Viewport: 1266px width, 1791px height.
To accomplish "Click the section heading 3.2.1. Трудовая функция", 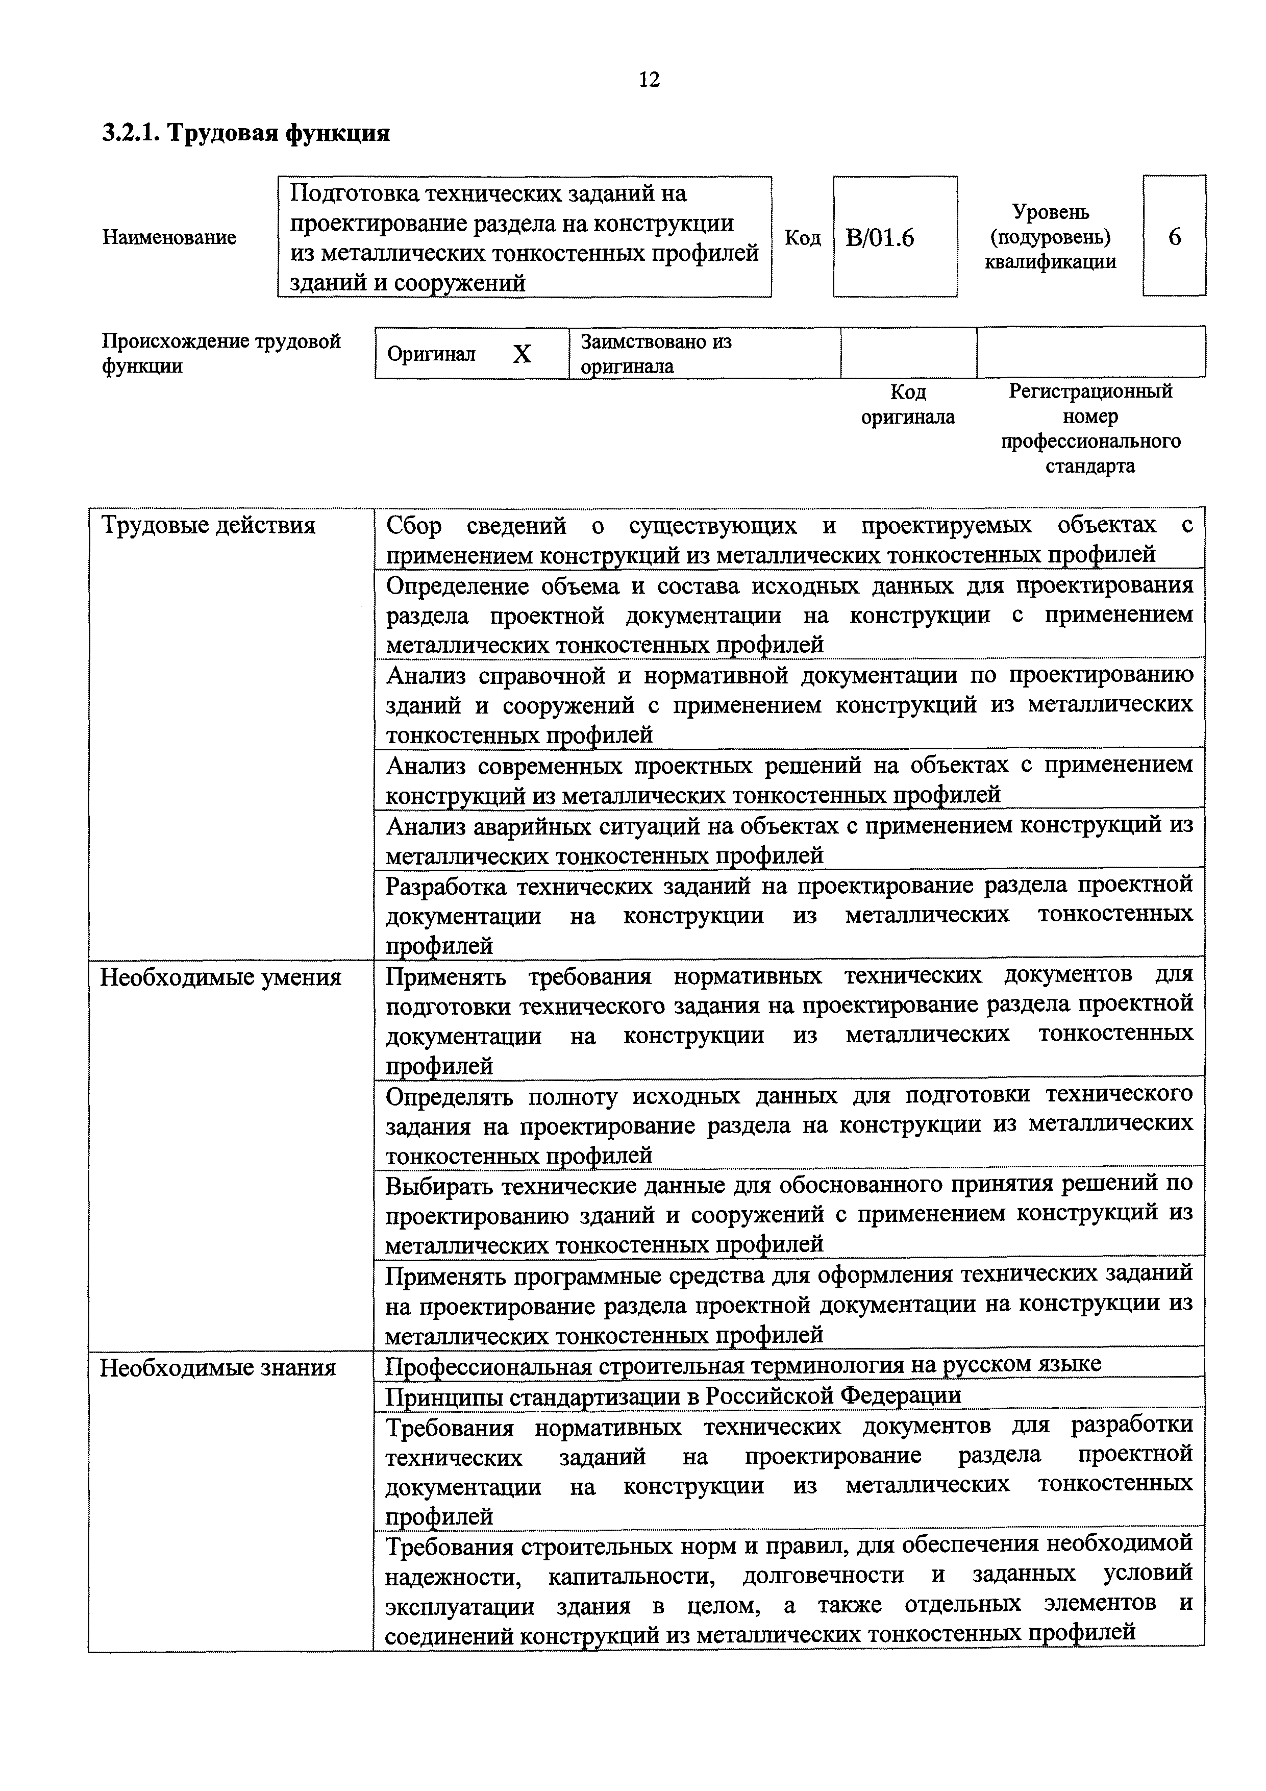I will [246, 133].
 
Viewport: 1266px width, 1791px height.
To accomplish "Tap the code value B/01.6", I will [879, 238].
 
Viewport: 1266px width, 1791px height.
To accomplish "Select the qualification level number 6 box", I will [1174, 236].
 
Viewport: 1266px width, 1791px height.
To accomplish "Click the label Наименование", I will [169, 237].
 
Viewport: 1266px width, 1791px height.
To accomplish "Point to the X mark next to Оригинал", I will [522, 355].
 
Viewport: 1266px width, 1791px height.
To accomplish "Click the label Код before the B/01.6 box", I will [802, 238].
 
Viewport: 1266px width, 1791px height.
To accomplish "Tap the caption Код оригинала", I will [907, 404].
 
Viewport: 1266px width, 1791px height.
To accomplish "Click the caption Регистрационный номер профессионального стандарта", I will [1090, 428].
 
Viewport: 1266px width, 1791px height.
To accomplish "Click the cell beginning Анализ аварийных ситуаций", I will [788, 840].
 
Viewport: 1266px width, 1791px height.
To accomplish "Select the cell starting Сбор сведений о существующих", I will [788, 540].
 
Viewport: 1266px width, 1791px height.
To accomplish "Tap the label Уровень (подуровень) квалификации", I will [1050, 236].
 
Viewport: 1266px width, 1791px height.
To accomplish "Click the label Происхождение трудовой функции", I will [221, 353].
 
